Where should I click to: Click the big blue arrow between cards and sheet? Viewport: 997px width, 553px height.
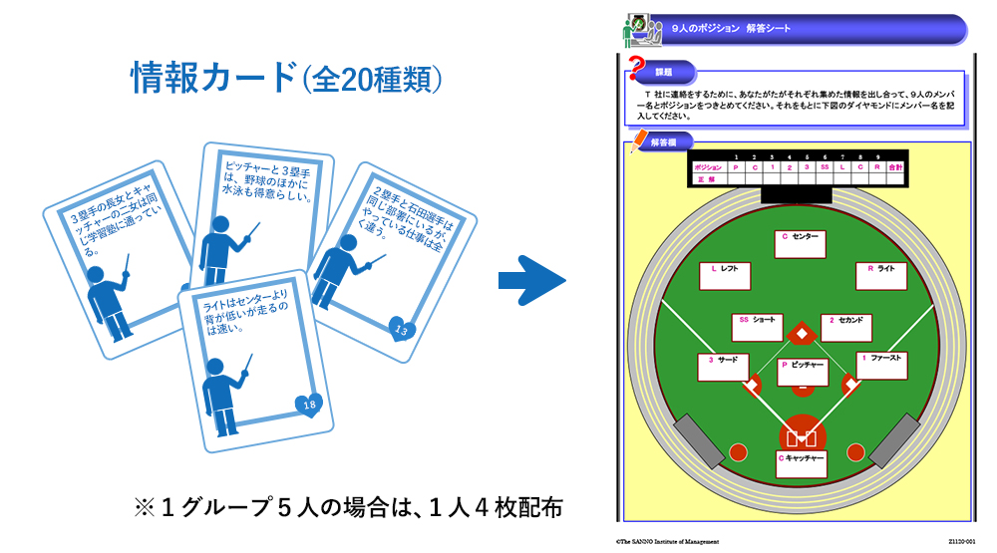click(x=530, y=282)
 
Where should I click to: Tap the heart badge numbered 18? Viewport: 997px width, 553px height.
click(x=308, y=404)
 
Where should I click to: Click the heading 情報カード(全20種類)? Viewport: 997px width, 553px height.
click(x=286, y=79)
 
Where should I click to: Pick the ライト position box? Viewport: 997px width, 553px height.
click(x=880, y=276)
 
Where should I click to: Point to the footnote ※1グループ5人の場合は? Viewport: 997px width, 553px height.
click(x=348, y=507)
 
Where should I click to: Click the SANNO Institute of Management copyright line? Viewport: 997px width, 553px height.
click(x=667, y=541)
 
